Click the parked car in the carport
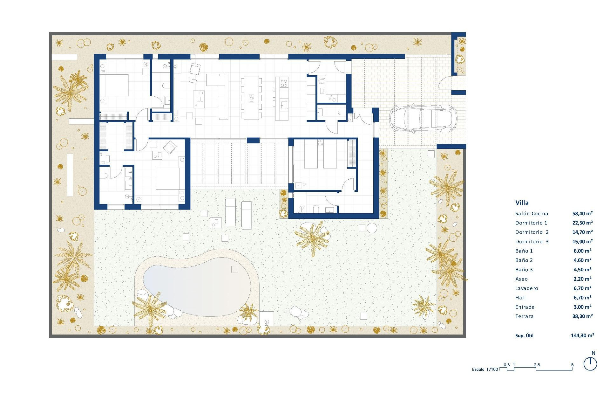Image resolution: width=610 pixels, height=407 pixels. (x=423, y=118)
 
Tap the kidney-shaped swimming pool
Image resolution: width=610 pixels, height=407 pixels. (x=197, y=286)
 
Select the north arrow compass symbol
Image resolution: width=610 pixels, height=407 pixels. (x=590, y=364)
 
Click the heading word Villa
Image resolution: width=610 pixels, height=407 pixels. (x=522, y=203)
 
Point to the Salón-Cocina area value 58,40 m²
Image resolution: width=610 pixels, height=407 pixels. (x=582, y=214)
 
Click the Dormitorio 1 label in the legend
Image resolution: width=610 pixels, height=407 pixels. (x=531, y=223)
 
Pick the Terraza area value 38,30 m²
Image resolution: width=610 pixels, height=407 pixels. (x=582, y=316)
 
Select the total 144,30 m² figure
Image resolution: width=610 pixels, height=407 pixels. (x=582, y=335)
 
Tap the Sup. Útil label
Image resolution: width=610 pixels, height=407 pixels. (x=524, y=335)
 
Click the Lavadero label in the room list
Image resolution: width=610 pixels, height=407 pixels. (x=527, y=288)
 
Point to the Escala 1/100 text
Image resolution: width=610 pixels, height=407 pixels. (x=485, y=369)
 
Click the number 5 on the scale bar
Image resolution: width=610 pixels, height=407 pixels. (x=572, y=365)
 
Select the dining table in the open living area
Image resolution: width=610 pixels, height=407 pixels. (x=251, y=98)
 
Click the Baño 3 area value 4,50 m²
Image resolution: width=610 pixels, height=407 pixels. (x=582, y=270)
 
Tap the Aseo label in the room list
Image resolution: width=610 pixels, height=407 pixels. (x=521, y=279)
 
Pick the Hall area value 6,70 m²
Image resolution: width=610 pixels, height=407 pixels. (x=582, y=298)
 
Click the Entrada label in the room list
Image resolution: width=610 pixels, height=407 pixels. (x=525, y=307)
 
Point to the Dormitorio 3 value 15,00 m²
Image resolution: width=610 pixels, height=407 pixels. (x=582, y=242)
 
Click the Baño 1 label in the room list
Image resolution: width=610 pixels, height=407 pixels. (x=524, y=251)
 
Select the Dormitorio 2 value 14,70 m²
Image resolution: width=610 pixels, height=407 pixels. (x=582, y=232)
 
